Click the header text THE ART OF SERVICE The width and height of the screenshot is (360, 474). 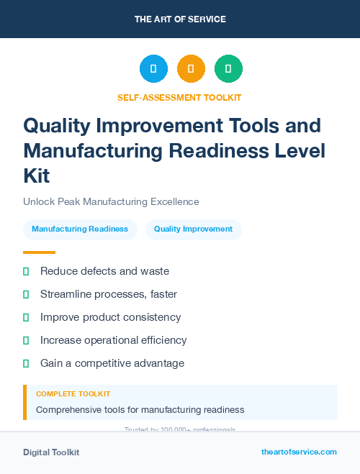(x=180, y=19)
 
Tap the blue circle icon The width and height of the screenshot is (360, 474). (x=153, y=69)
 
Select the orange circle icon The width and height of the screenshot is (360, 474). (x=191, y=69)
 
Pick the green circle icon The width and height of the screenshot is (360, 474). (x=228, y=69)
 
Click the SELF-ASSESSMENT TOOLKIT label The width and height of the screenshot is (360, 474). (x=179, y=97)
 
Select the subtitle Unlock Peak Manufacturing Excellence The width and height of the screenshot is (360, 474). (x=111, y=201)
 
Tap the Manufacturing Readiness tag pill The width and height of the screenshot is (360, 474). (x=80, y=229)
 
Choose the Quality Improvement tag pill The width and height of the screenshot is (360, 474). (x=193, y=229)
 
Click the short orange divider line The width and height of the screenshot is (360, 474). (x=39, y=252)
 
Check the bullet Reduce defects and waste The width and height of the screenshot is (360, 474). (x=104, y=271)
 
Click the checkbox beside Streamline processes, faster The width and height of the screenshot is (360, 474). (x=26, y=294)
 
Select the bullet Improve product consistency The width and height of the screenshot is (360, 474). (x=110, y=317)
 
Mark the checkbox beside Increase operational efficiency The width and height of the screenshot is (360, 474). (x=26, y=340)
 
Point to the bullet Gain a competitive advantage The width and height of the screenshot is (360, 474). (x=112, y=363)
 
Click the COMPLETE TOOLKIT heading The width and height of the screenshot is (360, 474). (x=73, y=394)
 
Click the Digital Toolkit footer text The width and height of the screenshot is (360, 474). (x=51, y=452)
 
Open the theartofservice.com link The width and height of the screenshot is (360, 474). (x=299, y=452)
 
